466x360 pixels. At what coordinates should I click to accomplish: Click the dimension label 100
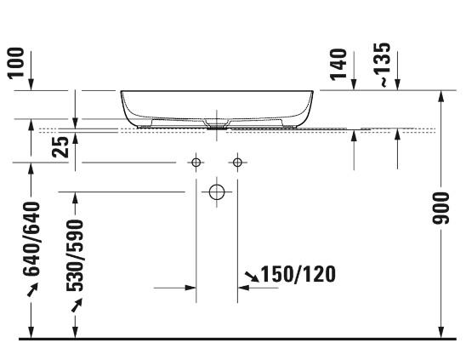pyautogui.click(x=16, y=63)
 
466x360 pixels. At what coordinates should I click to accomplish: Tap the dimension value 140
pyautogui.click(x=338, y=65)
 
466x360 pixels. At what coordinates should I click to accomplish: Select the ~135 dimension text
pyautogui.click(x=382, y=65)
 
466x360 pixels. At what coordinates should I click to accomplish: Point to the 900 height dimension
pyautogui.click(x=441, y=208)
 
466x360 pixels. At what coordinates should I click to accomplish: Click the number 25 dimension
pyautogui.click(x=60, y=147)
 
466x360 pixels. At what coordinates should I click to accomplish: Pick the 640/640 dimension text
pyautogui.click(x=31, y=239)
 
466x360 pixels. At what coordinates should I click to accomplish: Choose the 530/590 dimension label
pyautogui.click(x=75, y=255)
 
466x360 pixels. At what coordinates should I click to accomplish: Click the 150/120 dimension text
pyautogui.click(x=298, y=274)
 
